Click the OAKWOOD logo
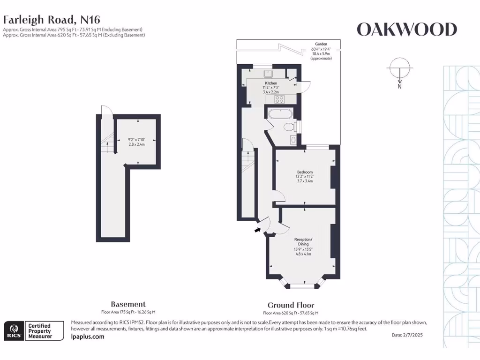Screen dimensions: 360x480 tap(406, 30)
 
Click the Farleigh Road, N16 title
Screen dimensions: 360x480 tap(52, 20)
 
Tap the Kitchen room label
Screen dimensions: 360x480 tap(271, 83)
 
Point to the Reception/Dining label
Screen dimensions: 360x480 tap(303, 242)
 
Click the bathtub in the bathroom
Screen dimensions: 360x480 tap(280, 113)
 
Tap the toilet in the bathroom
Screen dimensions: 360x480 tap(290, 127)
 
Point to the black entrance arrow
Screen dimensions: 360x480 tap(257, 229)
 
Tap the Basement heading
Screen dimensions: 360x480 tap(128, 304)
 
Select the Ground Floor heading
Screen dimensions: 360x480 tap(291, 305)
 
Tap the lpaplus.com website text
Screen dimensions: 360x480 tap(88, 336)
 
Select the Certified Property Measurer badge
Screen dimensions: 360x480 tap(45, 331)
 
